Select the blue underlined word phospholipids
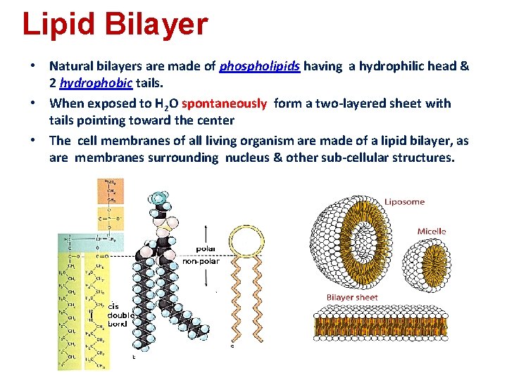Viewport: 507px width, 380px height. tap(260, 66)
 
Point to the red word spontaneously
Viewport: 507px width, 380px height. tap(224, 103)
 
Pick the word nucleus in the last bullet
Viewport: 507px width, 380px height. tap(248, 157)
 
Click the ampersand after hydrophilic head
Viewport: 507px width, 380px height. tap(465, 66)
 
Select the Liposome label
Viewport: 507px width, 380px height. tap(404, 202)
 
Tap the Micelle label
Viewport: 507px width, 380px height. tap(431, 232)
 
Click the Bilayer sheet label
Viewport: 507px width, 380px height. tap(351, 297)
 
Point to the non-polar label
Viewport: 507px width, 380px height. tap(201, 261)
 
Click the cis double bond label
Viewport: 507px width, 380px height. tap(116, 315)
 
